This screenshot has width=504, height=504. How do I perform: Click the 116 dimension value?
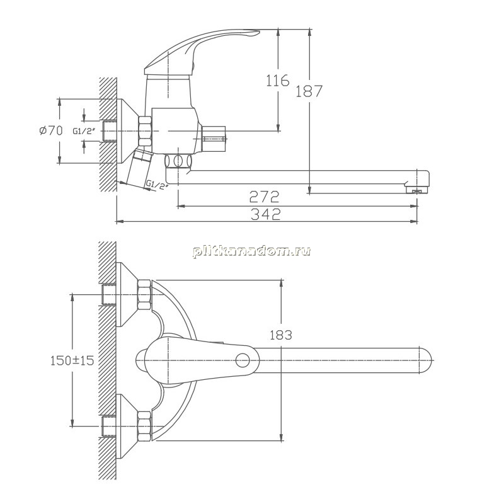click(278, 81)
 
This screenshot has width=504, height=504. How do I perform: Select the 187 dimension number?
click(309, 91)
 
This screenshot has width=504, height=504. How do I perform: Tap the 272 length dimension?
click(264, 197)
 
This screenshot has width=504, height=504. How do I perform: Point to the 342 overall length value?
click(265, 214)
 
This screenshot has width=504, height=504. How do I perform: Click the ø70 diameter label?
click(51, 130)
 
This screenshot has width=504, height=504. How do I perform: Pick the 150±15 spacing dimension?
click(72, 360)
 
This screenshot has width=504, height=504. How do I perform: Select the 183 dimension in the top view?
click(280, 335)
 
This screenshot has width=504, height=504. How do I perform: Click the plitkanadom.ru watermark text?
click(251, 251)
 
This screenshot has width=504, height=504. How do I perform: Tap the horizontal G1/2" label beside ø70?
click(84, 131)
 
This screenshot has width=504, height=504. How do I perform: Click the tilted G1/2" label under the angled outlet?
click(157, 185)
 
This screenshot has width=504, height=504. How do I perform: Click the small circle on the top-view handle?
click(243, 360)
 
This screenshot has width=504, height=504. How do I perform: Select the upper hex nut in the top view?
click(144, 294)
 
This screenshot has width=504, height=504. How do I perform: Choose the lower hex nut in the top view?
click(144, 427)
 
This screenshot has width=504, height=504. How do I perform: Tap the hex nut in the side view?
click(145, 131)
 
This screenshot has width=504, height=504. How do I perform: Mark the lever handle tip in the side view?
click(254, 32)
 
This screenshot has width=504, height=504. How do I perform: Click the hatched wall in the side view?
click(108, 135)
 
